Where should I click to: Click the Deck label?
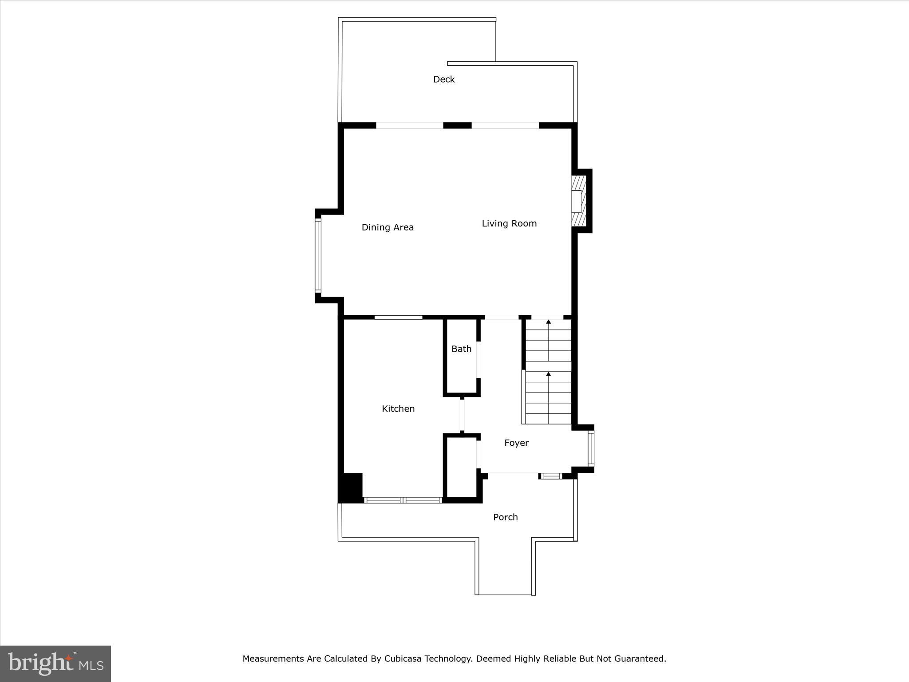444,79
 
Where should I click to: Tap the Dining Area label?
387,227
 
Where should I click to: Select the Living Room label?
509,223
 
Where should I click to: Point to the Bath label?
461,349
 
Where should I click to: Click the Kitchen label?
398,408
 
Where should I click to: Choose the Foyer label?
516,443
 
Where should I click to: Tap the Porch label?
506,517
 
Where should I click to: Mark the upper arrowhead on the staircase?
549,321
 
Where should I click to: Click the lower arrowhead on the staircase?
549,374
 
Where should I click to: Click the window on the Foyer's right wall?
591,448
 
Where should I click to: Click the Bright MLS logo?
55,663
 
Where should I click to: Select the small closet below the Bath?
462,467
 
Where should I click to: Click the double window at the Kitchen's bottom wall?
403,500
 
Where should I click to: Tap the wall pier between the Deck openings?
457,126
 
